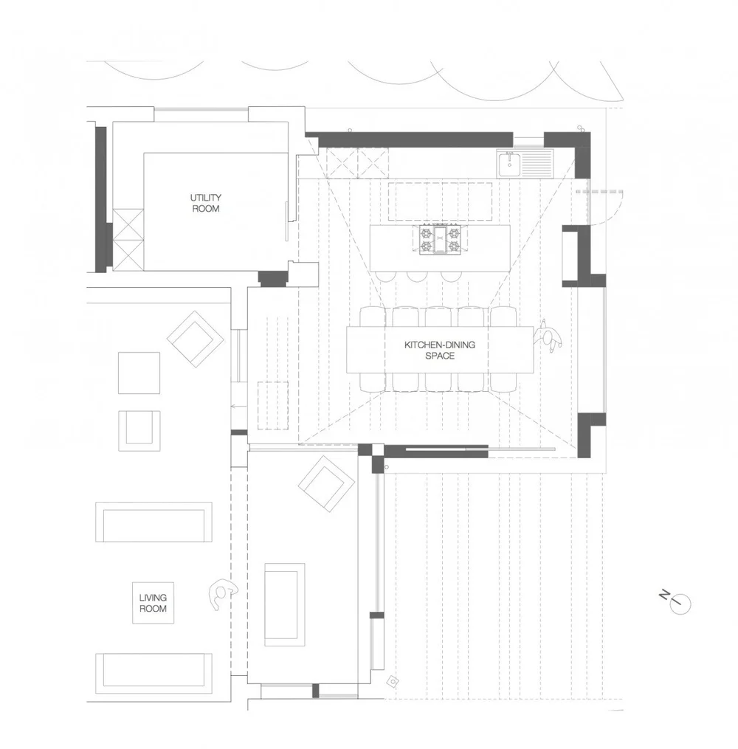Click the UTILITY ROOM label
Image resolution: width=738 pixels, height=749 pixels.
coord(205,203)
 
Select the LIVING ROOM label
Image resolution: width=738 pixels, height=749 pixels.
coord(153,603)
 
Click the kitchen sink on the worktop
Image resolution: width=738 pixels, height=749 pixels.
coord(509,163)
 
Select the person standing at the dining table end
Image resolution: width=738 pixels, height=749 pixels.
coord(550,336)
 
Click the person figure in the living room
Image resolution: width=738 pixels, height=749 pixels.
coord(220,594)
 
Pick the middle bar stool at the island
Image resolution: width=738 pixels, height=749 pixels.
coord(415,275)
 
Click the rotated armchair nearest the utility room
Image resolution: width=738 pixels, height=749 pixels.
coord(195,338)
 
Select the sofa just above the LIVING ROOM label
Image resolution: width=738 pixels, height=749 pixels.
coord(154,522)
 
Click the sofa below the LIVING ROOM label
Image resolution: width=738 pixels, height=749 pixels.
coord(154,669)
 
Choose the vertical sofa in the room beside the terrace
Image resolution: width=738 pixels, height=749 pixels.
coord(284,604)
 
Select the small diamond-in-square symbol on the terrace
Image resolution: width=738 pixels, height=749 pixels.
coord(393,681)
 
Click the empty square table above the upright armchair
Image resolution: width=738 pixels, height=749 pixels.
coord(139,373)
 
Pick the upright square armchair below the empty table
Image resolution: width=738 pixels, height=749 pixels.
coord(139,430)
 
